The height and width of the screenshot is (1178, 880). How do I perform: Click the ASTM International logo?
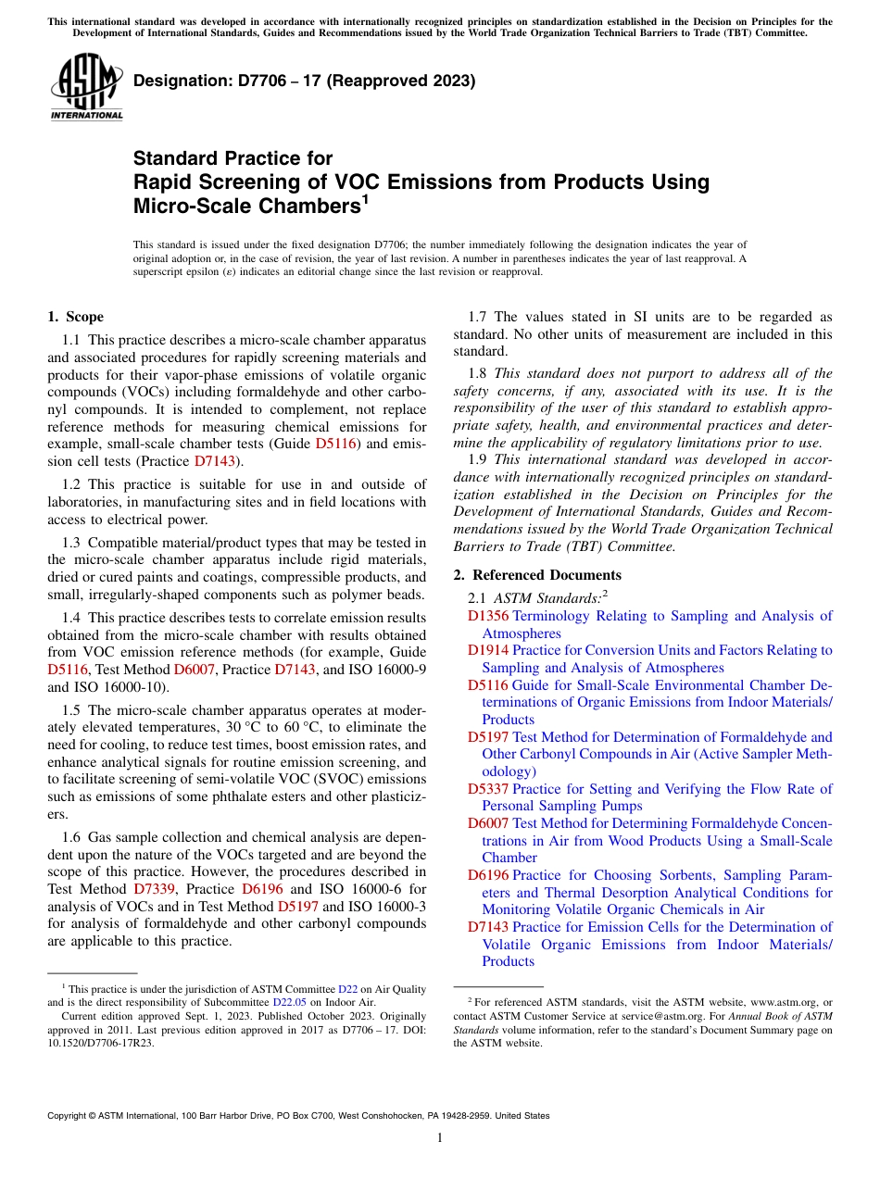[86, 89]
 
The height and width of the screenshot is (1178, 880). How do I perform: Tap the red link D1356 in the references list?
[487, 616]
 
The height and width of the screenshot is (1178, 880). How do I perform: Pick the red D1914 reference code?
[487, 650]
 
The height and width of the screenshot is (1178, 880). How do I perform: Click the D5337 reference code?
[487, 789]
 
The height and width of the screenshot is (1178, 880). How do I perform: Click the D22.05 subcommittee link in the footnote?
[289, 1002]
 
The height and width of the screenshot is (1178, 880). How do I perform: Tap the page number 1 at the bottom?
[440, 1138]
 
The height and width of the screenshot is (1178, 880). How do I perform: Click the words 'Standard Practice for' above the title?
[233, 158]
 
